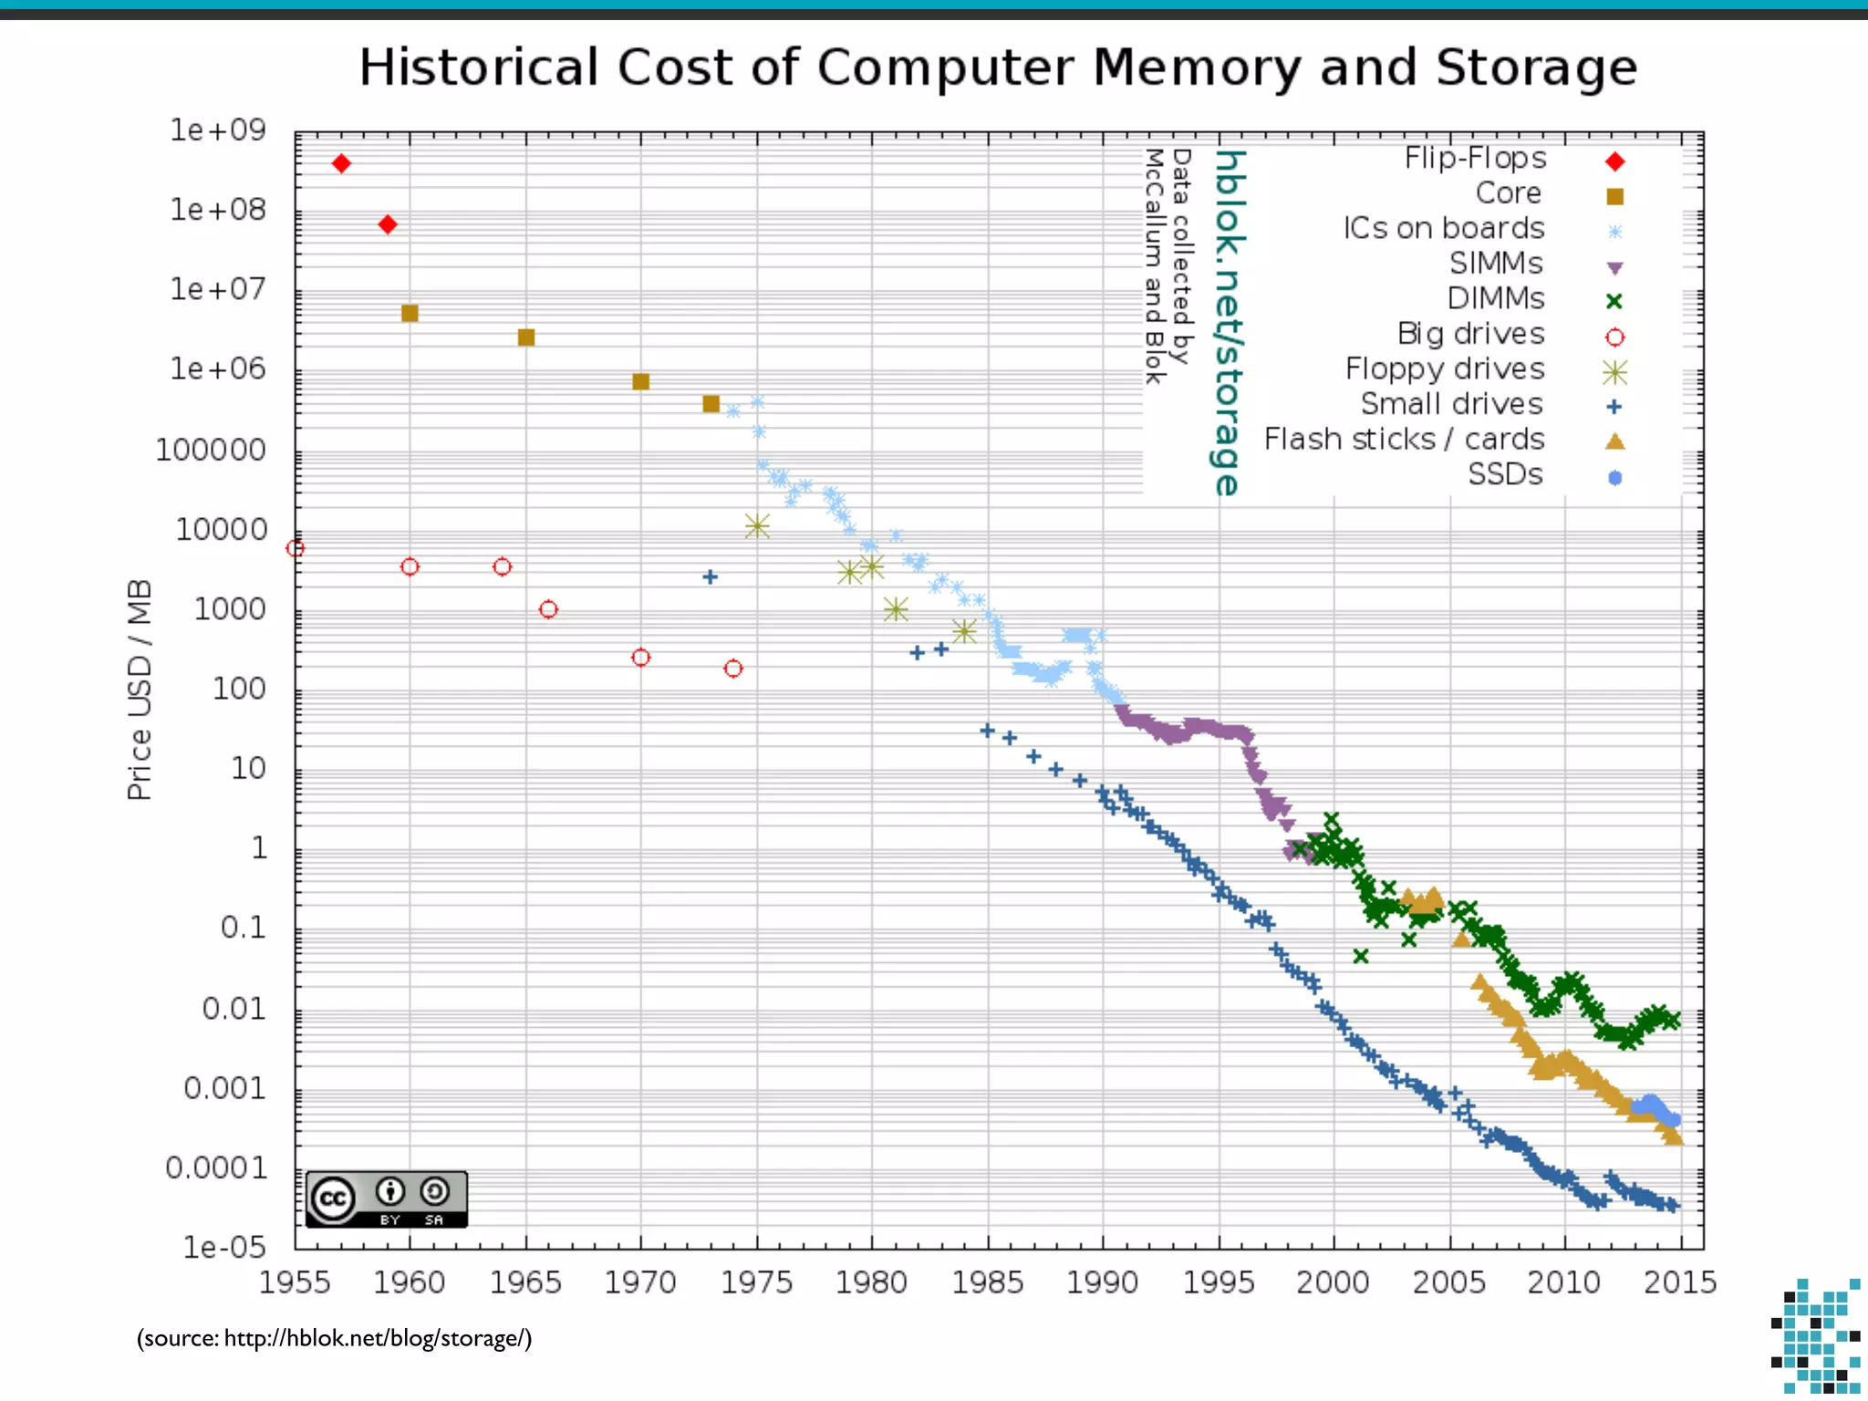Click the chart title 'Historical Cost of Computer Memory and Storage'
coord(998,67)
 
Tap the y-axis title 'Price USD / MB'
coord(139,690)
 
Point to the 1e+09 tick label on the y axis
coord(218,130)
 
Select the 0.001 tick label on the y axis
coord(224,1088)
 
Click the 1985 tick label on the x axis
coord(987,1282)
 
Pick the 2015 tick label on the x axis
coord(1679,1282)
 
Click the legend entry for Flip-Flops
coord(1476,159)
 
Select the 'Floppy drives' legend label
coord(1445,369)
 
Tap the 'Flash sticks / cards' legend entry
coord(1404,440)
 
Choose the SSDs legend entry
coord(1505,474)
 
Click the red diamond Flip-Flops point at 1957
coord(341,163)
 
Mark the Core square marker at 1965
coord(526,337)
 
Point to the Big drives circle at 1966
coord(548,609)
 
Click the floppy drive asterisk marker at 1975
coord(757,526)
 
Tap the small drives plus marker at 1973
coord(711,576)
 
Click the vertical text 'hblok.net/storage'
coord(1229,323)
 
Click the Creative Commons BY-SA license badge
coord(387,1199)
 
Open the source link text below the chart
coord(334,1338)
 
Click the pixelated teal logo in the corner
coord(1814,1336)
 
